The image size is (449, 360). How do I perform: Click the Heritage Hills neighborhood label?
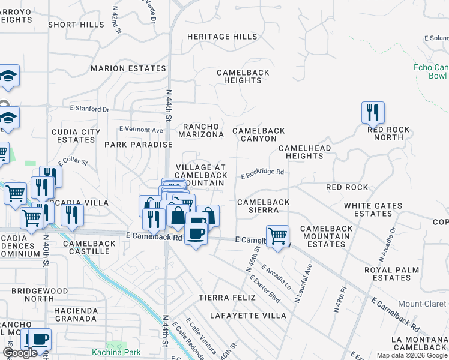coord(222,37)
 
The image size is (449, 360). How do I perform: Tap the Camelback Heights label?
coord(243,76)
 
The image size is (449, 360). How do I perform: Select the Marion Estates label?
coord(128,68)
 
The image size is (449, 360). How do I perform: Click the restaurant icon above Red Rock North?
coord(373,113)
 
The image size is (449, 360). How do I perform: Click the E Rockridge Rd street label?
coord(262,173)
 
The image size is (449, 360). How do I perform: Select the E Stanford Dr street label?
coord(89,109)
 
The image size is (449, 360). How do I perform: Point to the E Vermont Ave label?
coord(141,130)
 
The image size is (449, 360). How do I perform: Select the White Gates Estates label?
coord(373,209)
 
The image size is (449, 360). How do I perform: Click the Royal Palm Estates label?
coord(396,274)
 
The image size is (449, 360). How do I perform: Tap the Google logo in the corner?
coord(20,353)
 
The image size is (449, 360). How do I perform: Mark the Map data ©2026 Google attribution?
coord(411,355)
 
